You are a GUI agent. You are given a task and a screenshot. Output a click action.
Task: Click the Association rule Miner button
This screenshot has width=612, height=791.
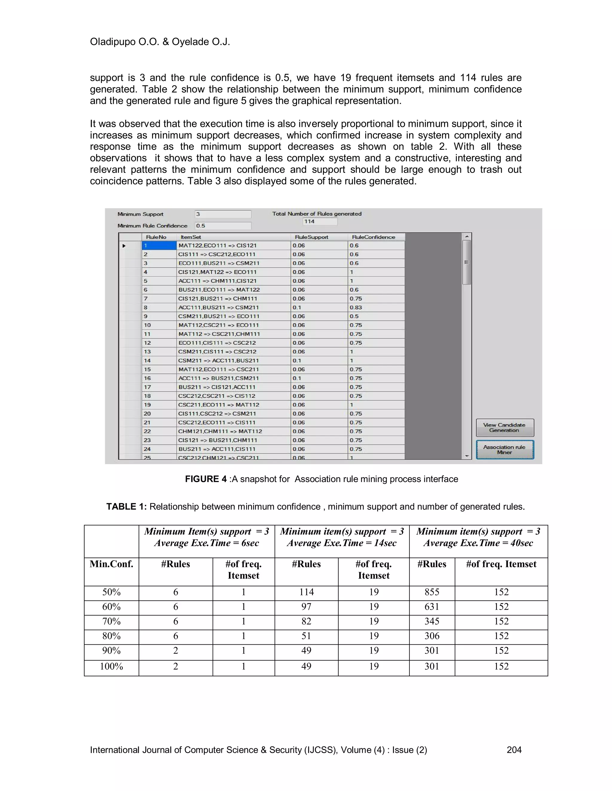click(x=504, y=450)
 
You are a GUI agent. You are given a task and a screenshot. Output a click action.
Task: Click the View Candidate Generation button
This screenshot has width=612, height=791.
click(x=504, y=427)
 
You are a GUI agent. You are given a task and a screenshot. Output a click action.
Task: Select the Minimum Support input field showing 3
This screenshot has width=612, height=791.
click(x=223, y=214)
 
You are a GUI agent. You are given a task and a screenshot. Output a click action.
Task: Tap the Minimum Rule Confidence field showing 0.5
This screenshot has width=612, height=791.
click(x=223, y=226)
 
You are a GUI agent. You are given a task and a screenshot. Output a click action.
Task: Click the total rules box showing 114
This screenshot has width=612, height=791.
click(x=319, y=221)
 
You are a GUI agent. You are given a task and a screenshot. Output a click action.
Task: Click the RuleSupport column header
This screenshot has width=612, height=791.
click(x=311, y=237)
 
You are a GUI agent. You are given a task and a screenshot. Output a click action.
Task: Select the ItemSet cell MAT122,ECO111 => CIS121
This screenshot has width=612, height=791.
click(x=233, y=246)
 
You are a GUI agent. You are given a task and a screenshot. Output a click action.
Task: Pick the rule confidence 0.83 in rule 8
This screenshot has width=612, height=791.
click(x=356, y=307)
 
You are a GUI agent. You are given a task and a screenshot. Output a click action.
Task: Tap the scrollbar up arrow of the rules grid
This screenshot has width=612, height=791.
click(x=467, y=236)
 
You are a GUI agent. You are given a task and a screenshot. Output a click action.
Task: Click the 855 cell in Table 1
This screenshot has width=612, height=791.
click(x=432, y=592)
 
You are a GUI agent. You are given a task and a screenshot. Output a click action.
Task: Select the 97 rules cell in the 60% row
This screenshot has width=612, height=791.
click(x=306, y=606)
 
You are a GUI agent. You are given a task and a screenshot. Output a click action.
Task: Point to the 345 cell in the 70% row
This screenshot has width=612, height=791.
click(x=432, y=621)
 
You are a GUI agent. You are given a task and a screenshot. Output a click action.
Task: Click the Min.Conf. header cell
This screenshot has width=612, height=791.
click(x=111, y=564)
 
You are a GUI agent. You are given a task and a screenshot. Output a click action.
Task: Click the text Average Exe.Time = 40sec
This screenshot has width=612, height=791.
click(x=478, y=543)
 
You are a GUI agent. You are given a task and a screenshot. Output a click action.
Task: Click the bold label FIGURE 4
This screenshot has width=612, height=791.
click(x=206, y=479)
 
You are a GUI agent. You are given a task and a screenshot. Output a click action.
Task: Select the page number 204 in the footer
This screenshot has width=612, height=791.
click(x=514, y=750)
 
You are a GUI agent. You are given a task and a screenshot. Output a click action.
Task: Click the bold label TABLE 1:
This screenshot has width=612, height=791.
click(x=126, y=506)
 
